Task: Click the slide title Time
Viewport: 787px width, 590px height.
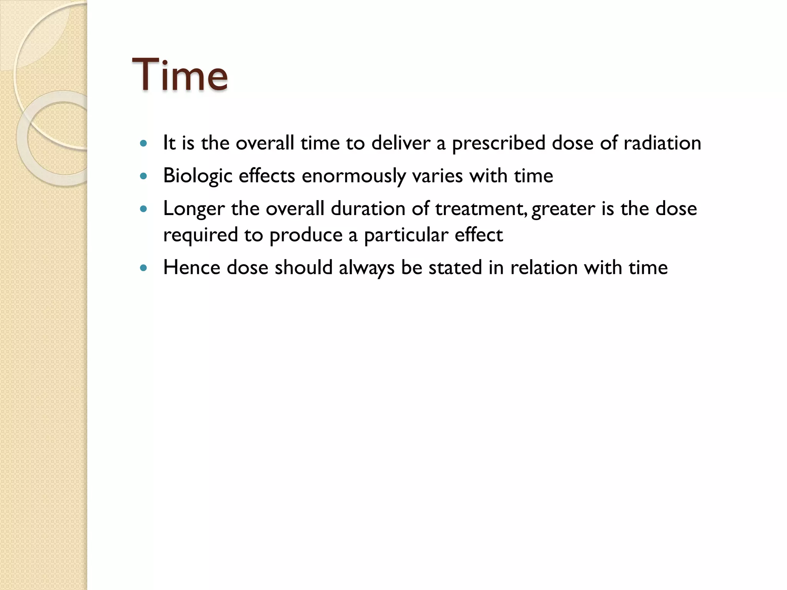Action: pyautogui.click(x=180, y=74)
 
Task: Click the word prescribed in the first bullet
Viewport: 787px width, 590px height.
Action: pyautogui.click(x=498, y=144)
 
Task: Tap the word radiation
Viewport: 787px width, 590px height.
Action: pyautogui.click(x=662, y=143)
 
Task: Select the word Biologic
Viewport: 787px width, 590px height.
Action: pyautogui.click(x=198, y=176)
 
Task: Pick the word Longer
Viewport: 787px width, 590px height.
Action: pyautogui.click(x=194, y=209)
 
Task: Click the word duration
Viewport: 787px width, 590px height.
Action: pyautogui.click(x=368, y=209)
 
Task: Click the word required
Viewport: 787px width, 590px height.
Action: pyautogui.click(x=200, y=235)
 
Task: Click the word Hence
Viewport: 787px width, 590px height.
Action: pyautogui.click(x=192, y=267)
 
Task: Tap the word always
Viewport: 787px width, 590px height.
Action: pyautogui.click(x=367, y=268)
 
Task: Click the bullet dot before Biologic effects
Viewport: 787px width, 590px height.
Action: pyautogui.click(x=144, y=176)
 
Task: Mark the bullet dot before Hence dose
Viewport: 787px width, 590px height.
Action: pyautogui.click(x=144, y=268)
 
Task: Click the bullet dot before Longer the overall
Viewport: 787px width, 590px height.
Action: pyautogui.click(x=144, y=209)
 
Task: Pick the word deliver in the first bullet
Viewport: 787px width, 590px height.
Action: pyautogui.click(x=400, y=143)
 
